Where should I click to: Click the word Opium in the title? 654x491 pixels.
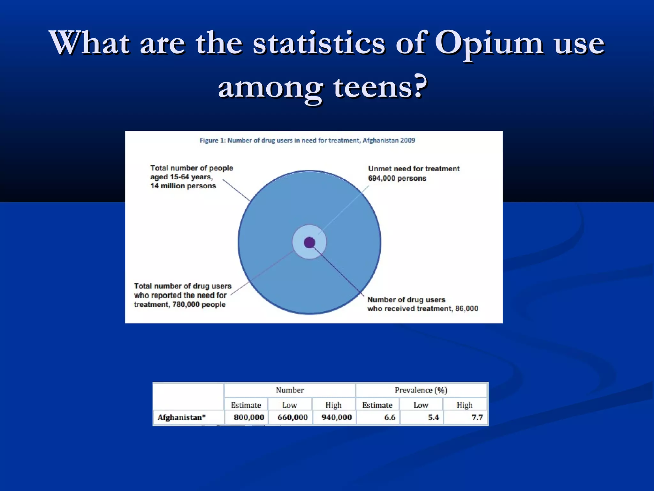[489, 43]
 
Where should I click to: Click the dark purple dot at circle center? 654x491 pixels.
[309, 243]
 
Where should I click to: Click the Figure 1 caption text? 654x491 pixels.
[307, 140]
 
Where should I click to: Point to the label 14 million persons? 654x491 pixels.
[183, 186]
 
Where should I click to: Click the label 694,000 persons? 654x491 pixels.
[397, 178]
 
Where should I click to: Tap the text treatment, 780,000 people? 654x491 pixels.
[180, 305]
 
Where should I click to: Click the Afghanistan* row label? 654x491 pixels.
[181, 417]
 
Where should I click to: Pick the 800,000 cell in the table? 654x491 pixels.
[249, 417]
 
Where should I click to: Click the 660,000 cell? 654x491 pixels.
[292, 417]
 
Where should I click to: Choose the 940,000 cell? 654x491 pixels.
[336, 417]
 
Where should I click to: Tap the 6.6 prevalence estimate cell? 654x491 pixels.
[390, 417]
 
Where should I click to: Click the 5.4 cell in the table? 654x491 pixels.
[433, 417]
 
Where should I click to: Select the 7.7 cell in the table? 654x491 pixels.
[477, 417]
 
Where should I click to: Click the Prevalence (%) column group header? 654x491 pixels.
[421, 390]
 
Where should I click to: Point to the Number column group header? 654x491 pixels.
[290, 390]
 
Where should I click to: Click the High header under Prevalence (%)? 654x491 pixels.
[464, 405]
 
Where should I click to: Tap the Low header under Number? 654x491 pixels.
[290, 405]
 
